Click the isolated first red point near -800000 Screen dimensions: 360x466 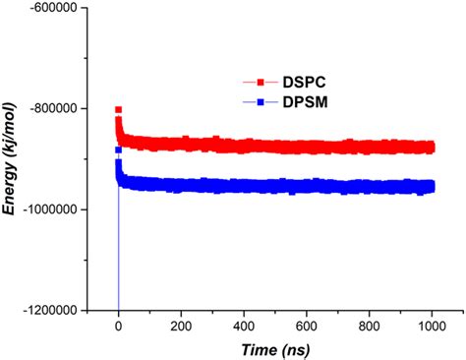click(119, 109)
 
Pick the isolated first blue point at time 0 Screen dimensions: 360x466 click(119, 150)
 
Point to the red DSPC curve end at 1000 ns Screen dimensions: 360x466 click(431, 148)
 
